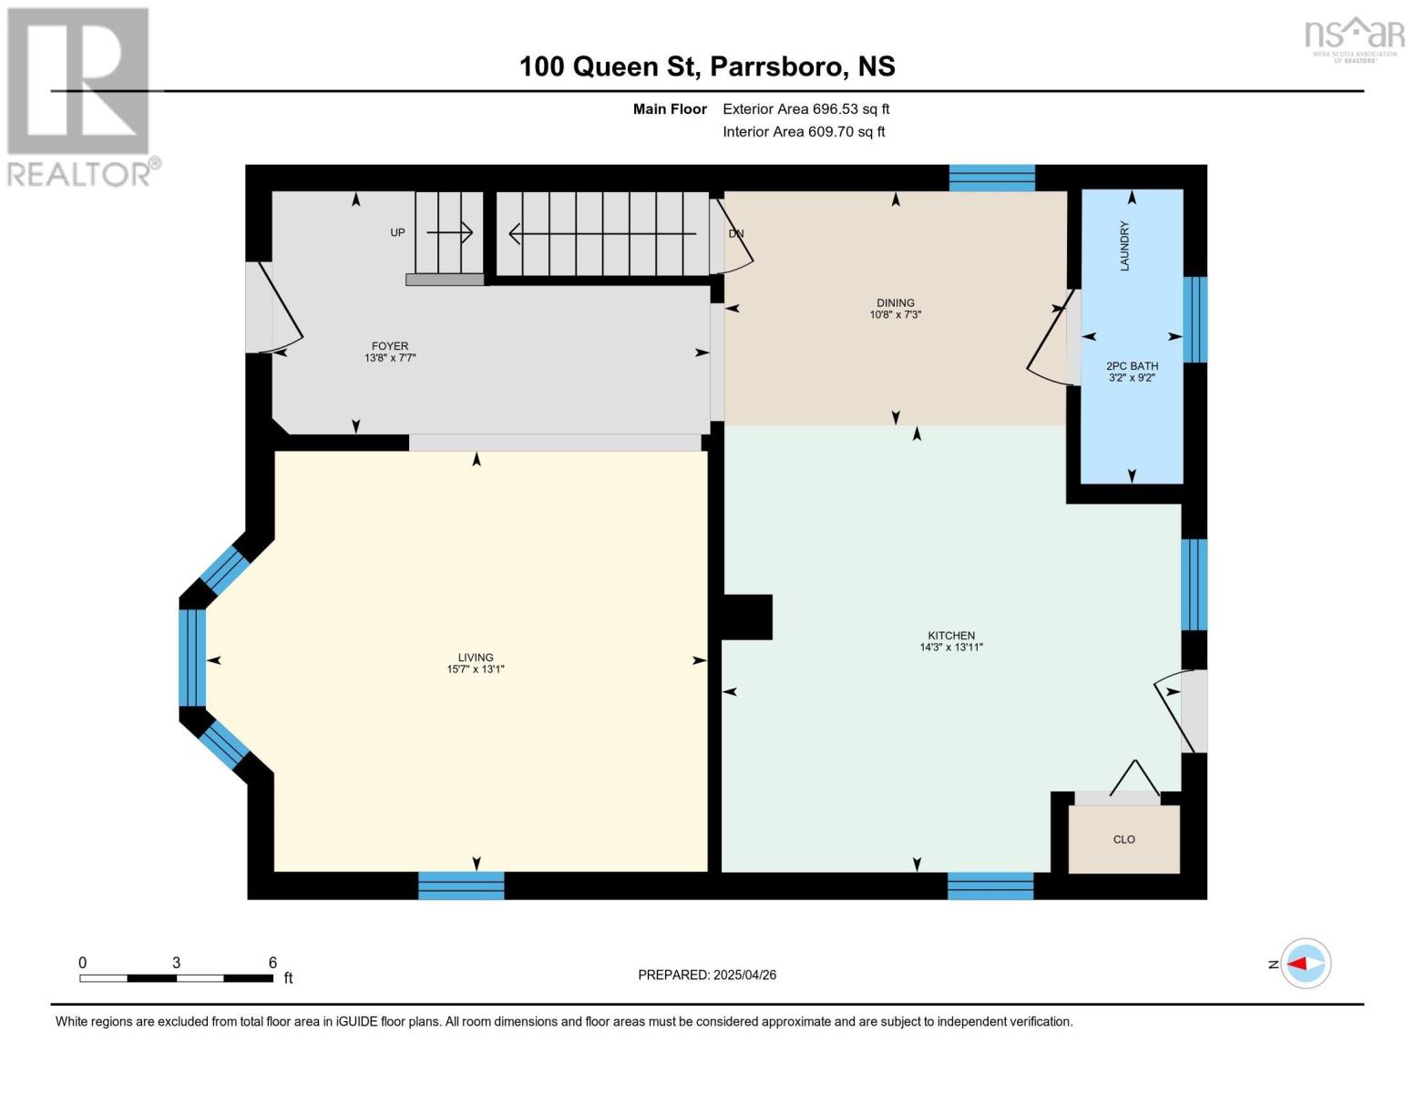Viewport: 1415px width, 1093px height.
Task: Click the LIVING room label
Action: pyautogui.click(x=475, y=657)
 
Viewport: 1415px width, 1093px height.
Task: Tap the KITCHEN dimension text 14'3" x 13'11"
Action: pyautogui.click(x=950, y=648)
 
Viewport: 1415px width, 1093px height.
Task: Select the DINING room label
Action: pyautogui.click(x=895, y=302)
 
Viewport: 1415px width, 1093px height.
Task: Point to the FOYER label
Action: pyautogui.click(x=389, y=345)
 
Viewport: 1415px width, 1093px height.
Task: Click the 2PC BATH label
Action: pyautogui.click(x=1132, y=365)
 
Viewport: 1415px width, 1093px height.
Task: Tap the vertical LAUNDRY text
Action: pyautogui.click(x=1124, y=246)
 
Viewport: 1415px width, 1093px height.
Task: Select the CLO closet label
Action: pyautogui.click(x=1123, y=839)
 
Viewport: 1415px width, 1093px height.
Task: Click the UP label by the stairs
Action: pyautogui.click(x=397, y=232)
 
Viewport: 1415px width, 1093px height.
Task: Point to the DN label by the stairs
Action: pyautogui.click(x=736, y=233)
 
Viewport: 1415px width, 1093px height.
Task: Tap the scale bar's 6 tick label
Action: pyautogui.click(x=272, y=962)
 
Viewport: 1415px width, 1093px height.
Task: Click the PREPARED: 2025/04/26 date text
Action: pyautogui.click(x=707, y=975)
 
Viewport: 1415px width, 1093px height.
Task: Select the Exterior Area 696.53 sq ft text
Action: pyautogui.click(x=805, y=108)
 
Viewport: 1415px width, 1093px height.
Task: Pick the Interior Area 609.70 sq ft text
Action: pyautogui.click(x=804, y=131)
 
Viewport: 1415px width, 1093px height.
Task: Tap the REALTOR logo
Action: pyautogui.click(x=80, y=96)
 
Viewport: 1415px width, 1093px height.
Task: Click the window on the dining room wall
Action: pyautogui.click(x=991, y=178)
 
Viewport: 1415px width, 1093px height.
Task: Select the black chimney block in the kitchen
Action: pyautogui.click(x=747, y=617)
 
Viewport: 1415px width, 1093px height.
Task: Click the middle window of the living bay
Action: pyautogui.click(x=192, y=658)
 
